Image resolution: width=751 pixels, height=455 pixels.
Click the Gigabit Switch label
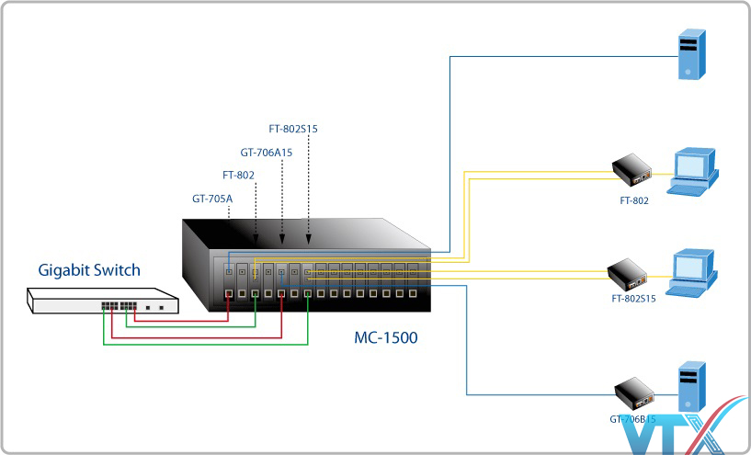tap(89, 270)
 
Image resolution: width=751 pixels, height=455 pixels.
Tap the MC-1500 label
tap(385, 337)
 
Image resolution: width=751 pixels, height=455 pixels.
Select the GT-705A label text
tap(211, 198)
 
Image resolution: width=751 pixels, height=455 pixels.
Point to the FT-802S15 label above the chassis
tap(293, 130)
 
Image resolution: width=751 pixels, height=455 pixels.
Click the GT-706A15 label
tap(267, 153)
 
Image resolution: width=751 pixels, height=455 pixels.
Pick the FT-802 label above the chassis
tap(238, 175)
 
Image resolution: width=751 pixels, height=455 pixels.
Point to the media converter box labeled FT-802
tap(632, 169)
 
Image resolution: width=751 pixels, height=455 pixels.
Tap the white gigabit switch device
tap(102, 301)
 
